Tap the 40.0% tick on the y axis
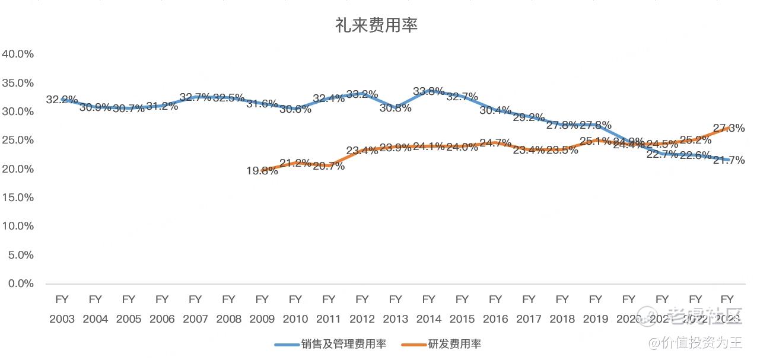(x=18, y=54)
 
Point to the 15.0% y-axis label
(x=18, y=197)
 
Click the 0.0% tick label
(x=21, y=283)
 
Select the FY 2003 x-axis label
(x=62, y=309)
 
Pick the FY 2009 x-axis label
(x=262, y=309)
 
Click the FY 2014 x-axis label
(x=428, y=309)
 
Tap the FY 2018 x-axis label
(x=562, y=309)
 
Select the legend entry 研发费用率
(x=453, y=344)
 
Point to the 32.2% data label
(x=62, y=100)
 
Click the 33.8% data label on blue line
(x=428, y=91)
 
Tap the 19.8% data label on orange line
(x=262, y=171)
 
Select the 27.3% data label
(x=729, y=128)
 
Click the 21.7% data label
(x=729, y=160)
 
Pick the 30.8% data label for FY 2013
(x=395, y=109)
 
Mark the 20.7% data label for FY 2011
(x=328, y=167)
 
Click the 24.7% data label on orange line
(x=495, y=143)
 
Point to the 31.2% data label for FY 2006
(x=162, y=106)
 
